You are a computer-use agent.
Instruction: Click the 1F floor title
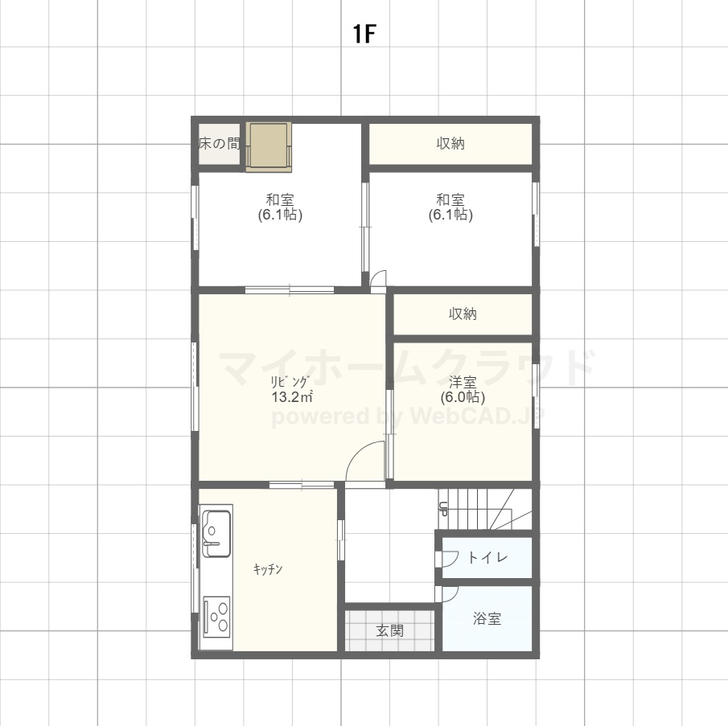364,34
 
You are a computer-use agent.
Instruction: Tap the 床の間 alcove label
219,144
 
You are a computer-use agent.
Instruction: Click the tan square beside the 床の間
269,147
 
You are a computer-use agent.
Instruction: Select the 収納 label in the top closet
450,144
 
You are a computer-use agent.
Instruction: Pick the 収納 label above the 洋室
463,314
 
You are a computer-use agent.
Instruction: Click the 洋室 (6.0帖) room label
463,390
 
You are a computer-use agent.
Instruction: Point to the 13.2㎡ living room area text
291,397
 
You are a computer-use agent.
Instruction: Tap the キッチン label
268,569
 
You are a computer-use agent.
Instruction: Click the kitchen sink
217,534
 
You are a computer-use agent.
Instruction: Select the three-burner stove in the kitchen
217,617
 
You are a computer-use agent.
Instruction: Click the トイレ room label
487,557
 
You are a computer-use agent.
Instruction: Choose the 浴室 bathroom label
487,618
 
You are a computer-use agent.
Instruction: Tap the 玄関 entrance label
389,630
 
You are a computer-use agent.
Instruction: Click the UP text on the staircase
443,510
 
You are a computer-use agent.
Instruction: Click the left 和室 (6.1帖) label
280,207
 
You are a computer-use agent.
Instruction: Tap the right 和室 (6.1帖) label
450,207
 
